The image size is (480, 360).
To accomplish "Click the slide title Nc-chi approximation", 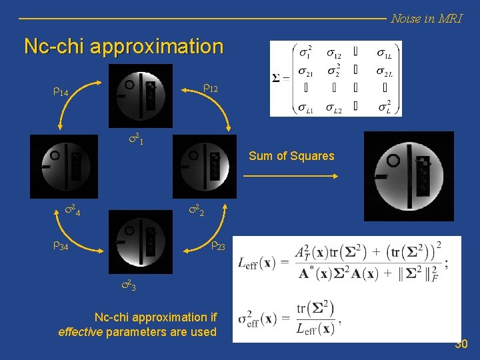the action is tap(123, 47).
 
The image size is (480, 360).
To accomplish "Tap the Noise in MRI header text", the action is tap(426, 19).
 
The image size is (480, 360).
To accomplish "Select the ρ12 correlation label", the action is tap(210, 88).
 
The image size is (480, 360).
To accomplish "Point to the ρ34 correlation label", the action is tap(59, 247).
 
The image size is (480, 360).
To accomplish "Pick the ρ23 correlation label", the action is tap(218, 246).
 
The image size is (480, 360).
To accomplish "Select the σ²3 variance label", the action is tap(128, 287).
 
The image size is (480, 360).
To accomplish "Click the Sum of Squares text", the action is tap(291, 156).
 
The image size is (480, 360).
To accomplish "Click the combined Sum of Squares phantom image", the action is tap(409, 176).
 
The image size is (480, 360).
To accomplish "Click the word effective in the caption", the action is tap(80, 332).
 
